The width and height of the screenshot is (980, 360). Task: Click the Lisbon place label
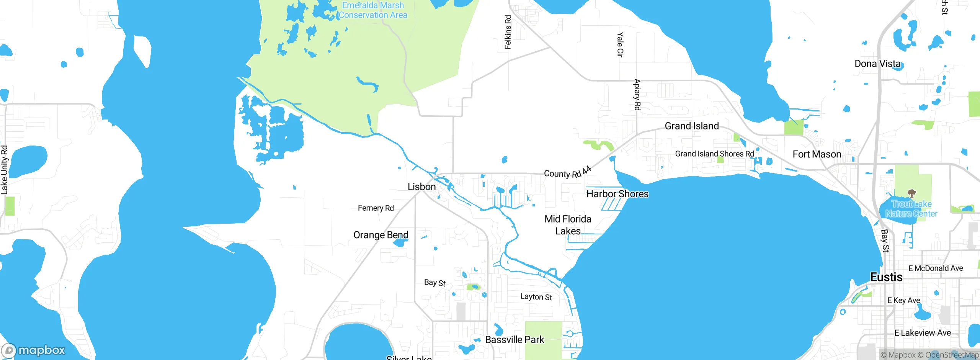tap(421, 187)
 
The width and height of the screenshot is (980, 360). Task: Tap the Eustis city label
tap(886, 277)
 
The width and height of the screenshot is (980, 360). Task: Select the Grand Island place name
tap(692, 126)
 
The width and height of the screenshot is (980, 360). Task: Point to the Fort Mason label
tap(817, 154)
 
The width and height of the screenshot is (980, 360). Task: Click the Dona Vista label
tap(877, 64)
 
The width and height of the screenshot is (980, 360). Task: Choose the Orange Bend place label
tap(381, 235)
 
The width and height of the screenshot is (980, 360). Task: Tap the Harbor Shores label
tap(617, 194)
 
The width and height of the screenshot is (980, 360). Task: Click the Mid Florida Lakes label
tap(568, 225)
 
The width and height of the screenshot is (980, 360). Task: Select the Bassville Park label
tap(514, 340)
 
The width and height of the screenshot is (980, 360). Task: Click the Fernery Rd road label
tap(376, 208)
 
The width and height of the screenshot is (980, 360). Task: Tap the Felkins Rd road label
tap(508, 32)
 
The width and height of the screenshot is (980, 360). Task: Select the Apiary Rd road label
tap(637, 95)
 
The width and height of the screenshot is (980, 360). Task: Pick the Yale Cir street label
tap(620, 45)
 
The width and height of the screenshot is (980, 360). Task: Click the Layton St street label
tap(536, 297)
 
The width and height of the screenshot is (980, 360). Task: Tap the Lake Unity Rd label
tap(4, 170)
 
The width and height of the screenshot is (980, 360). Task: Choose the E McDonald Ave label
tap(936, 268)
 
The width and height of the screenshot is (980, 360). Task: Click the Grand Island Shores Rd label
tap(714, 154)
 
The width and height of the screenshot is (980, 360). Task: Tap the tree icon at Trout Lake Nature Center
tap(912, 193)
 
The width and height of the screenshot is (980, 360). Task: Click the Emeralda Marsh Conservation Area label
tap(373, 10)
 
